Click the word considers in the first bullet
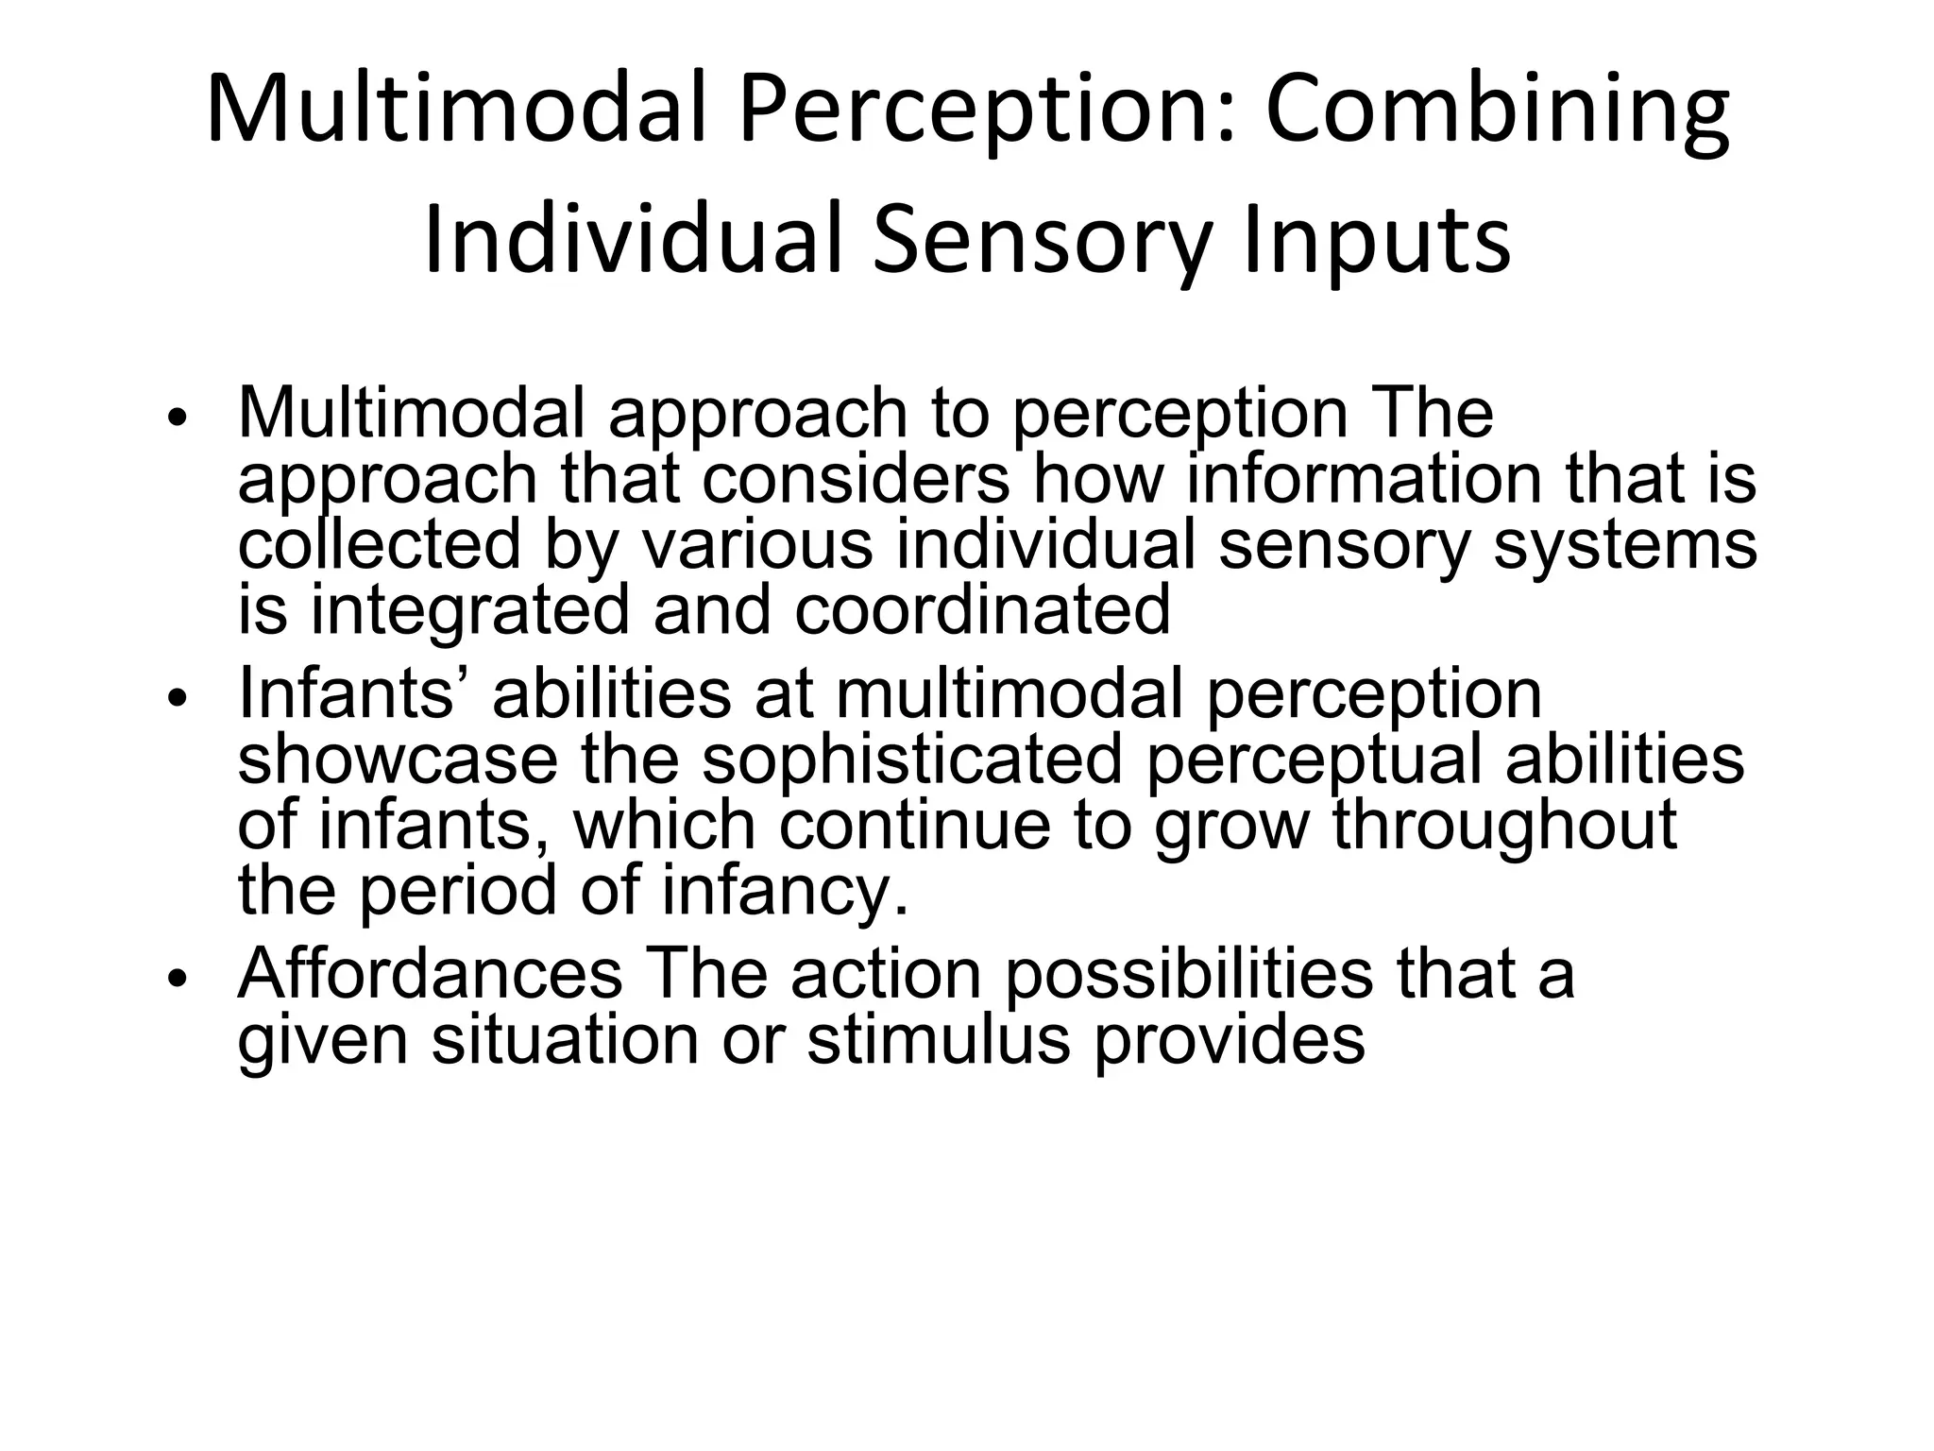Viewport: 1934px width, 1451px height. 856,479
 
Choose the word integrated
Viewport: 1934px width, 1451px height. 469,609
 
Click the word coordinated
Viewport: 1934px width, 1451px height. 982,609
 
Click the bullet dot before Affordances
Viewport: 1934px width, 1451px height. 178,980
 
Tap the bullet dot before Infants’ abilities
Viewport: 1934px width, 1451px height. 178,700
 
